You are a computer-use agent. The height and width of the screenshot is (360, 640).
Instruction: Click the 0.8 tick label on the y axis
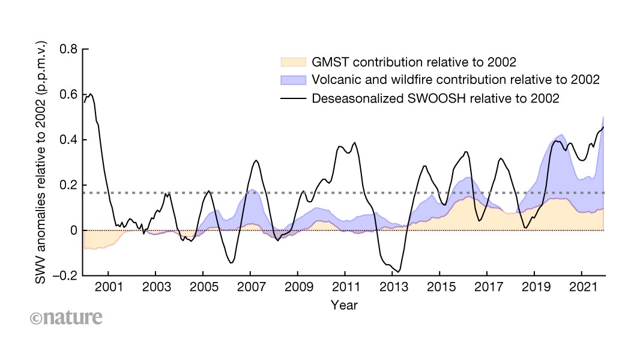click(68, 49)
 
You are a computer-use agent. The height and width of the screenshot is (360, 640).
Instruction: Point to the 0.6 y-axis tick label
click(68, 95)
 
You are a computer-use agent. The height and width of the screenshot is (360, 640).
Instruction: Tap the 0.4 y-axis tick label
click(68, 140)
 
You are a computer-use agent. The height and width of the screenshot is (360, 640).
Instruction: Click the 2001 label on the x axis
click(109, 287)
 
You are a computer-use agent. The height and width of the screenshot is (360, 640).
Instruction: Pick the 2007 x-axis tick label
click(251, 287)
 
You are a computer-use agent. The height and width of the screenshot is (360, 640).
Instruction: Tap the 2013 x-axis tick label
click(393, 287)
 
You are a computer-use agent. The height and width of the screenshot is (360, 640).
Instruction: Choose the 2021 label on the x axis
click(584, 287)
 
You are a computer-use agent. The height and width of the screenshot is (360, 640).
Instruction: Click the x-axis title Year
click(344, 305)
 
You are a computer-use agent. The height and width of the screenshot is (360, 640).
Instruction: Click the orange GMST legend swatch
click(293, 62)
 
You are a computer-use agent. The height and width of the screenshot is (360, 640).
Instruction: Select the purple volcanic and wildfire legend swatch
click(293, 80)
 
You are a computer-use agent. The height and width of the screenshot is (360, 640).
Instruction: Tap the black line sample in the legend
click(293, 98)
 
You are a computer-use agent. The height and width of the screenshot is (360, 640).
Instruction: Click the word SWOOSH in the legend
click(436, 98)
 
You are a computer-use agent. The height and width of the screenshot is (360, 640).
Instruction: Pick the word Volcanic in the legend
click(336, 80)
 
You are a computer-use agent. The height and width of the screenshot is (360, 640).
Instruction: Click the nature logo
click(66, 317)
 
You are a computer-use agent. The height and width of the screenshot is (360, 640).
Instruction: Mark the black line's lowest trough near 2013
click(399, 272)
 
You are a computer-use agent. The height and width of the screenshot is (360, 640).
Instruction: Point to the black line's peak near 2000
click(91, 94)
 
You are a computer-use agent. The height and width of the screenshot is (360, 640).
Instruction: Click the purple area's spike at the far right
click(603, 117)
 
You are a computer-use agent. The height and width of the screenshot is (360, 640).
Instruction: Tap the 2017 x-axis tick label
click(489, 287)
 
